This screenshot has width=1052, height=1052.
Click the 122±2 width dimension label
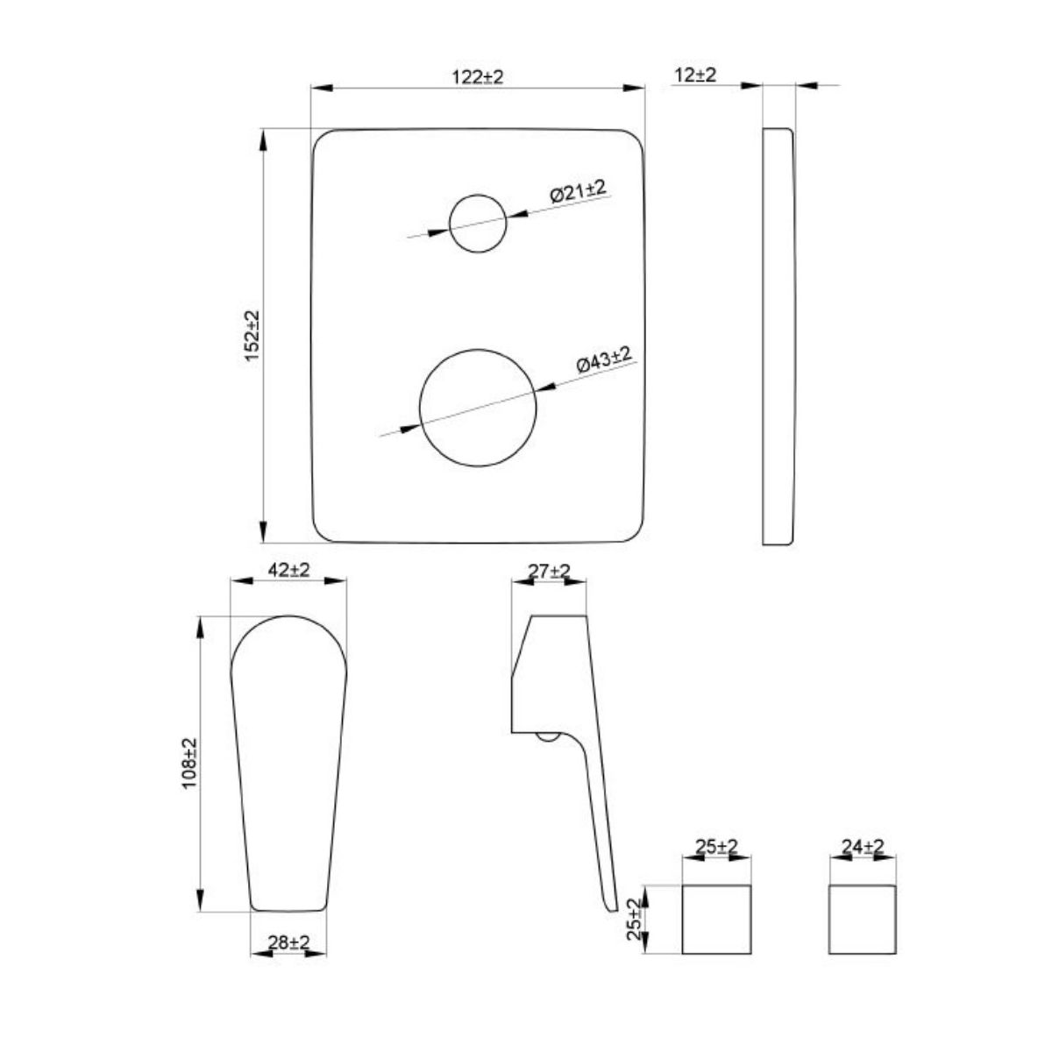[x=478, y=77]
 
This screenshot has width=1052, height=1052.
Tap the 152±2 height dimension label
[x=252, y=335]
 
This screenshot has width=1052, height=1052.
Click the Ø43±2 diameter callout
[x=604, y=359]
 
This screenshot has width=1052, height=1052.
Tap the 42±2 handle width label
[x=289, y=570]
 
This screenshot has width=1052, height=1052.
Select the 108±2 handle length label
[x=190, y=763]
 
